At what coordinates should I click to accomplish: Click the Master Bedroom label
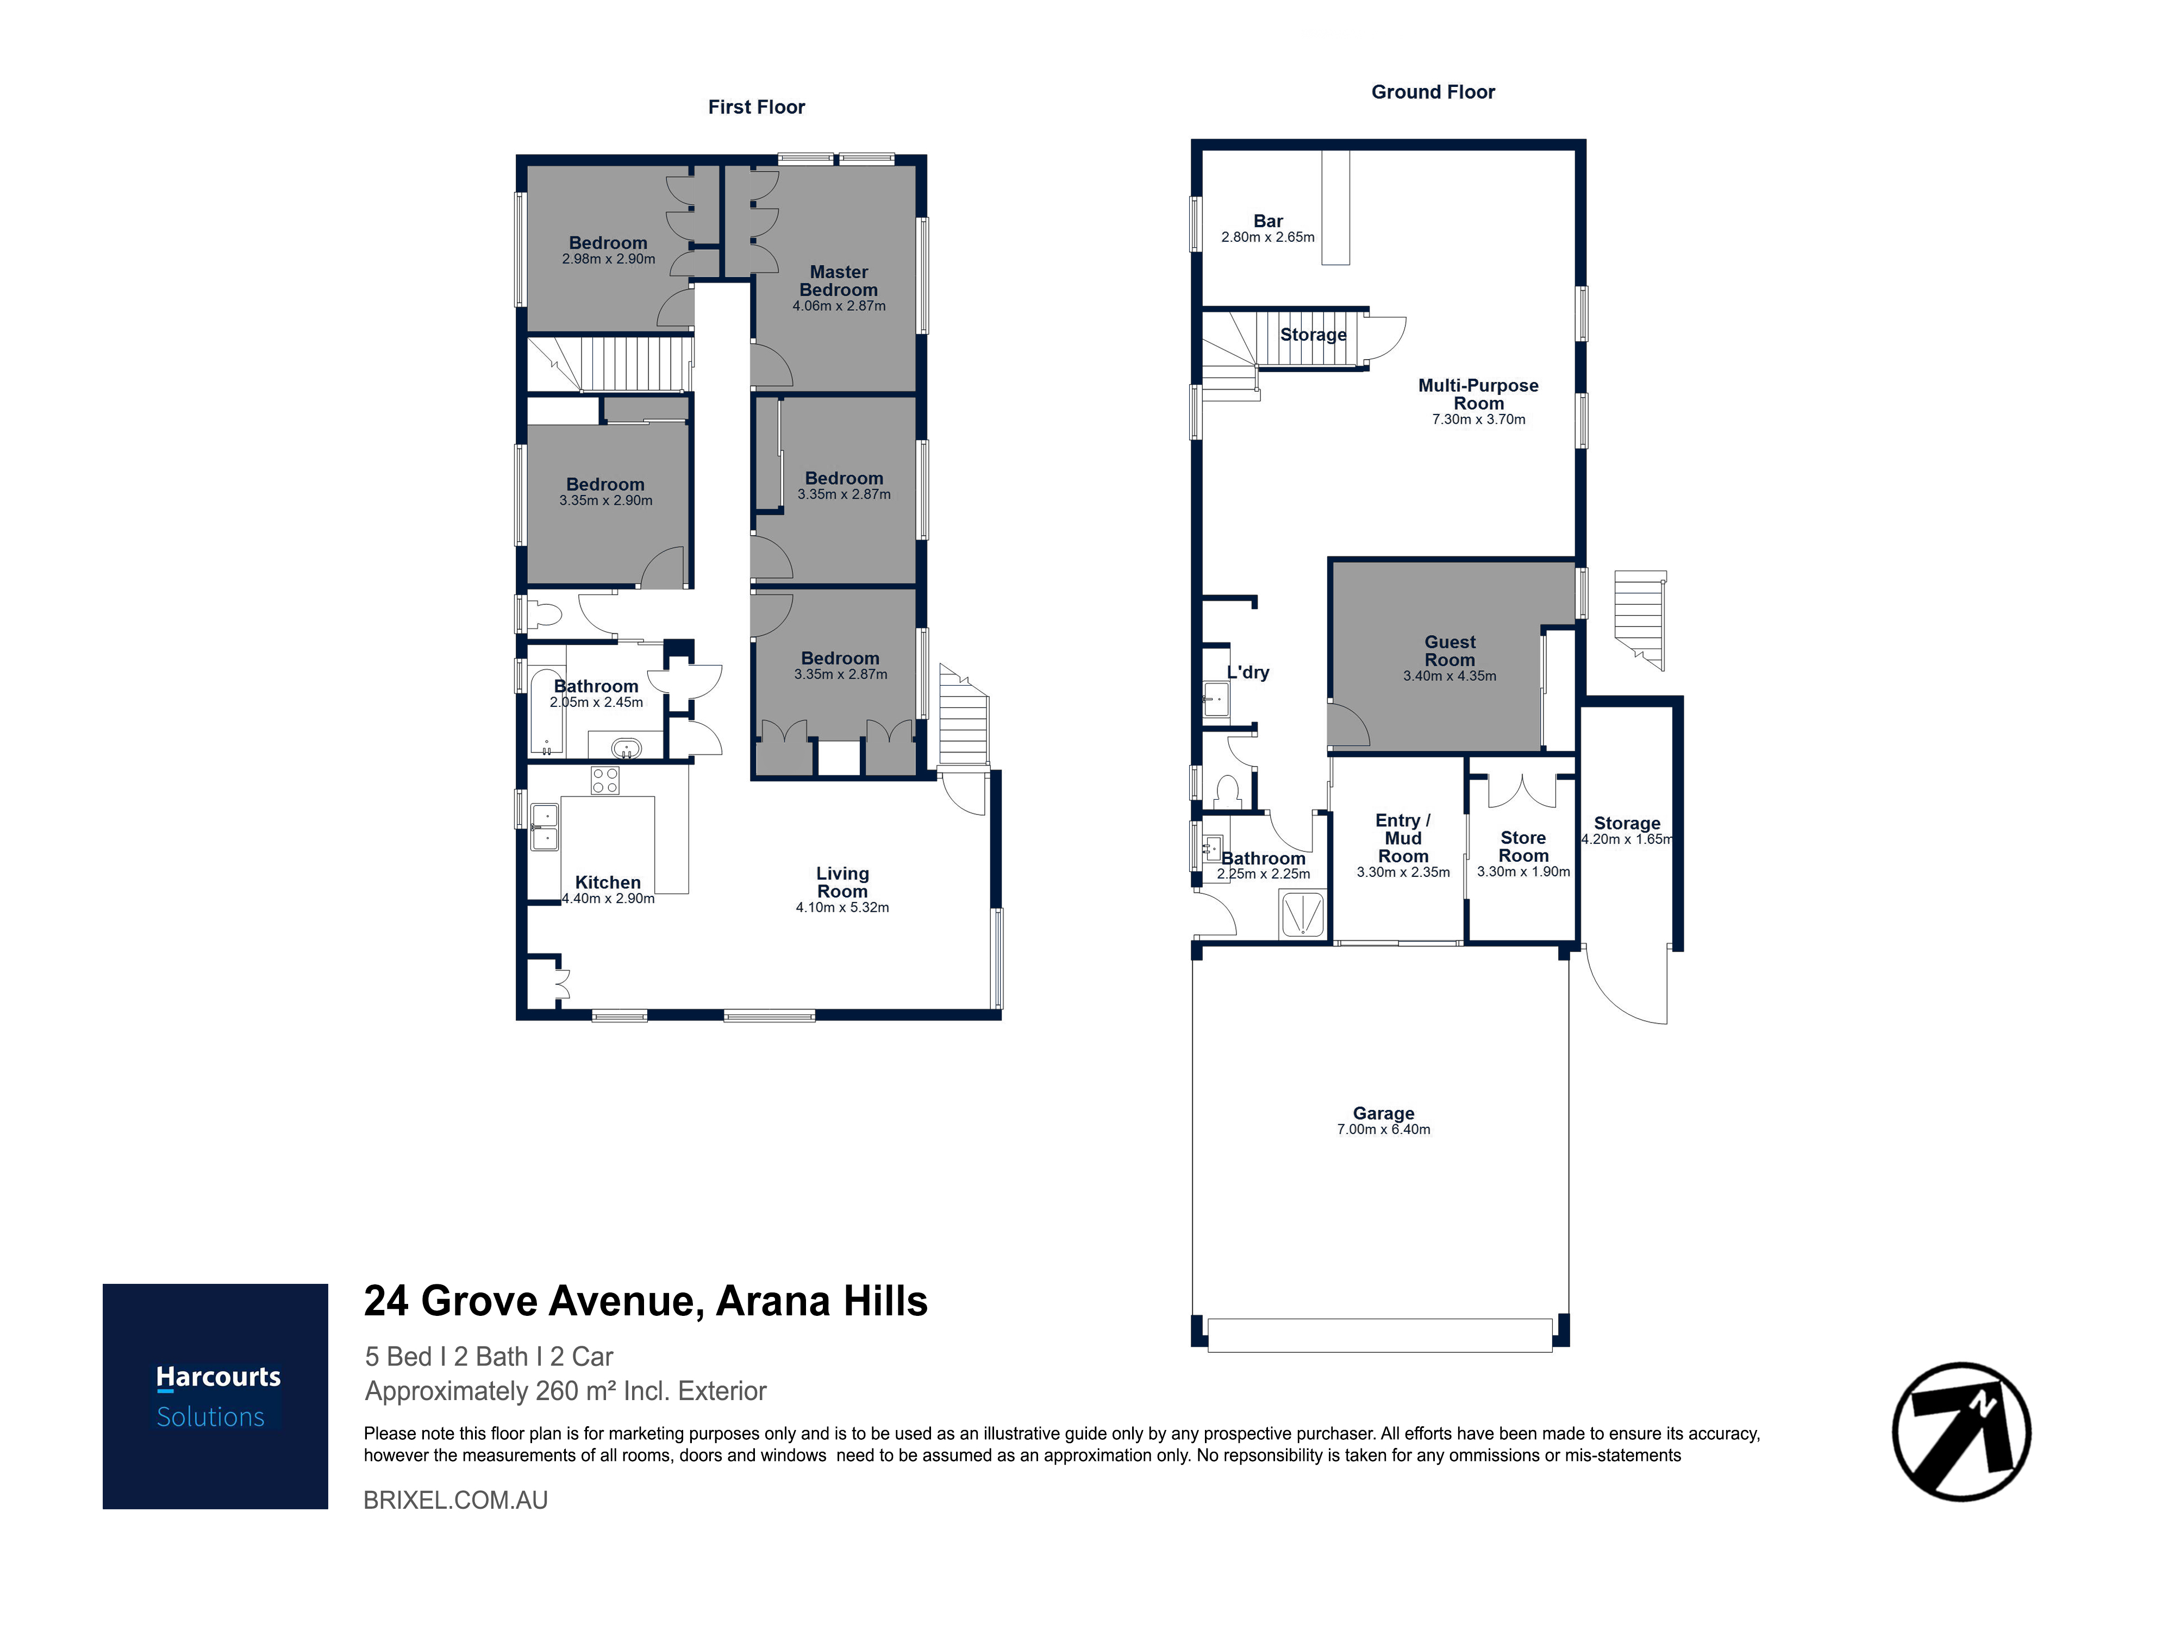(x=838, y=281)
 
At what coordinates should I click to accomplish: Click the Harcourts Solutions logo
(x=215, y=1396)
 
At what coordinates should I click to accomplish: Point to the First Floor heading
(x=756, y=107)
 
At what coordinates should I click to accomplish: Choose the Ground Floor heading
(x=1433, y=92)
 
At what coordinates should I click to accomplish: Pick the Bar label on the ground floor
(x=1268, y=221)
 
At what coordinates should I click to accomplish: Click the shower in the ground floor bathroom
(x=1302, y=914)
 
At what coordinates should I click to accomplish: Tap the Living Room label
(x=842, y=882)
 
